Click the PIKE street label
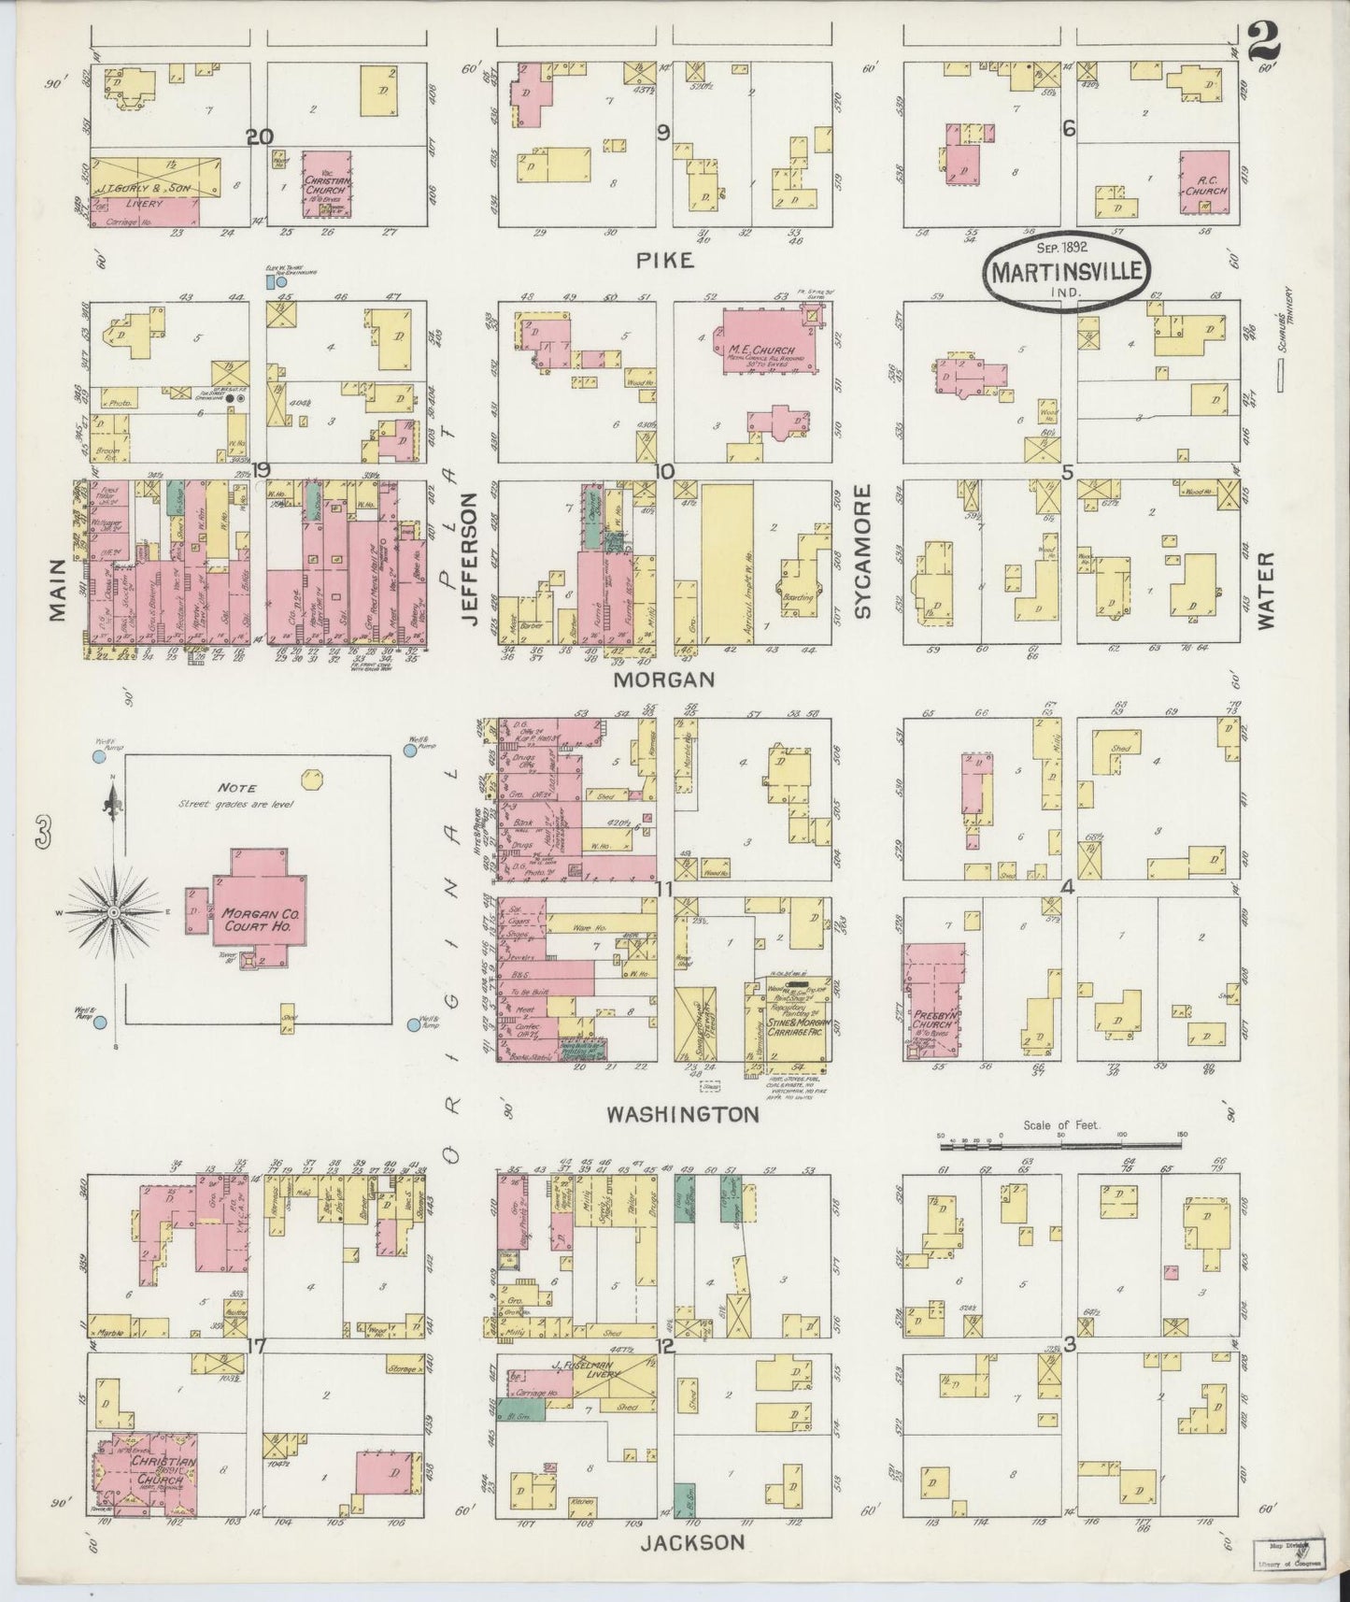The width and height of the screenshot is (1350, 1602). pos(667,261)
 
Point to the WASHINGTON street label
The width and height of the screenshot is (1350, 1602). pos(682,1114)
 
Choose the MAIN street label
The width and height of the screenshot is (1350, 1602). pos(58,589)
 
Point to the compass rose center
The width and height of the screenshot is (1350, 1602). pos(113,911)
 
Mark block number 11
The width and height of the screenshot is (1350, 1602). pos(663,889)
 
